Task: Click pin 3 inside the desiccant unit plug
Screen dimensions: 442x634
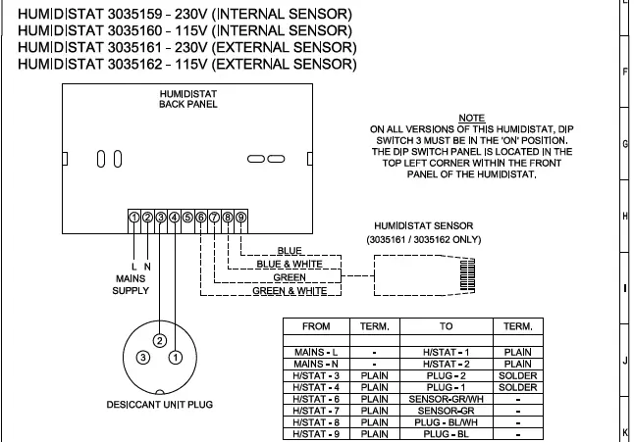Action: pyautogui.click(x=143, y=358)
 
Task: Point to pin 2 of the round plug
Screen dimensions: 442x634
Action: pyautogui.click(x=158, y=340)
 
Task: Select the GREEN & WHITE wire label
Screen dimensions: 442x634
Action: pyautogui.click(x=290, y=291)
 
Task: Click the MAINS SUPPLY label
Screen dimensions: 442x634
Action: pyautogui.click(x=130, y=283)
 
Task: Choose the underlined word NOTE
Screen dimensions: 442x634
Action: pyautogui.click(x=471, y=118)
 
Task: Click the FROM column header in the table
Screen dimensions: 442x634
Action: pyautogui.click(x=317, y=326)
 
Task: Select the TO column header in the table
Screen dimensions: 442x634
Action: pyautogui.click(x=447, y=326)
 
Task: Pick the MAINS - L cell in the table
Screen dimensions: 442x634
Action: pyautogui.click(x=317, y=352)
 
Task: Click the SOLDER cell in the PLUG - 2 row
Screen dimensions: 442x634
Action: pyautogui.click(x=517, y=375)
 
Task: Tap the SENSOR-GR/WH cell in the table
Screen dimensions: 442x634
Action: pyautogui.click(x=447, y=399)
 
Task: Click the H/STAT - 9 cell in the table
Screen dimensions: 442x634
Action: pyautogui.click(x=317, y=433)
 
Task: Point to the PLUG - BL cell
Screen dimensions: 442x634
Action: pyautogui.click(x=447, y=433)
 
